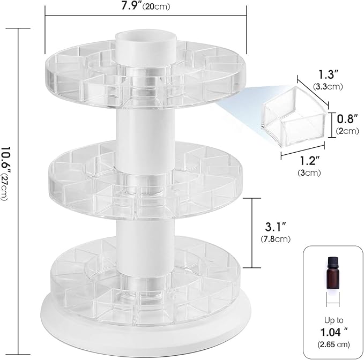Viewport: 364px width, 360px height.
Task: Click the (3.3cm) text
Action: (328, 86)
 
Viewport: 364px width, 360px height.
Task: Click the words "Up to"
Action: (329, 320)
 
